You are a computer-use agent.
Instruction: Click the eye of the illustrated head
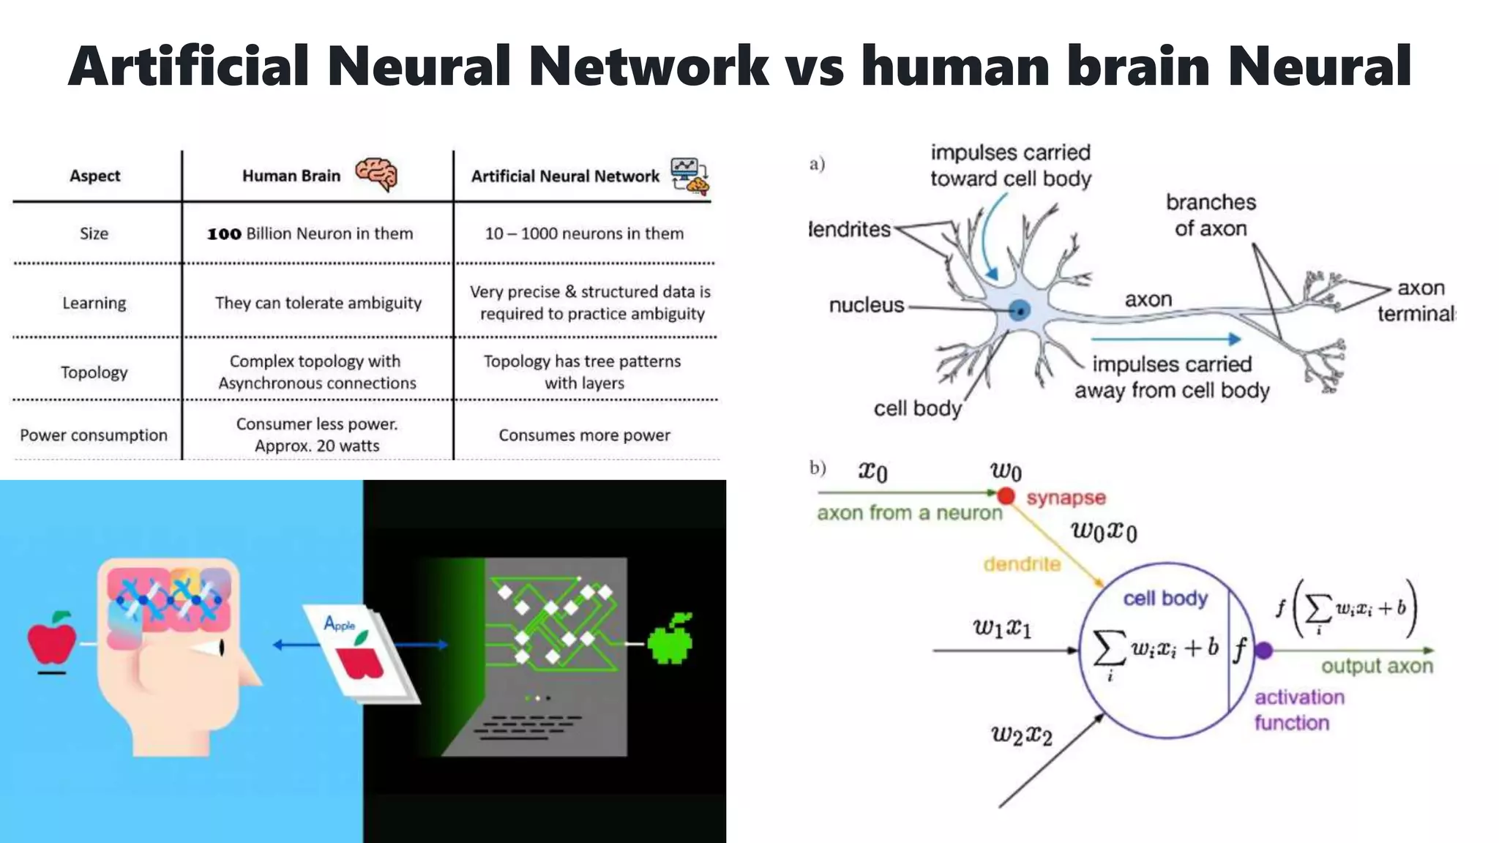coord(220,647)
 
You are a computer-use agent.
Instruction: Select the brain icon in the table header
coord(376,174)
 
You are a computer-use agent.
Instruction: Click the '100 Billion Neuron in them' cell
coord(310,233)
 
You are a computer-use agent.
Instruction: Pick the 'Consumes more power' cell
coord(584,435)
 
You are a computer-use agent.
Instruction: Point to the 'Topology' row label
coord(94,372)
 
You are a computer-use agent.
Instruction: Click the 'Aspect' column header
coord(95,176)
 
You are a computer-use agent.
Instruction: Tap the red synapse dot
coord(1006,496)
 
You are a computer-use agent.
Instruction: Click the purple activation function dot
coord(1264,650)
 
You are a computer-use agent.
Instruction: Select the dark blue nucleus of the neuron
coord(1019,310)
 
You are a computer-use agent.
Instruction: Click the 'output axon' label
coord(1377,667)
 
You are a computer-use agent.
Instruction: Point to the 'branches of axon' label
coord(1211,215)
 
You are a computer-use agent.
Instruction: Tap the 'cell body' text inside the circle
coord(1165,599)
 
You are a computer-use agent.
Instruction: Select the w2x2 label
coord(1021,735)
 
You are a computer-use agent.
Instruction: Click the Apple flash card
coord(359,651)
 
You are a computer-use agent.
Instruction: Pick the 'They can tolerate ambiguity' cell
coord(318,303)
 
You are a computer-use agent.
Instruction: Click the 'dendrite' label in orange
coord(1022,564)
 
